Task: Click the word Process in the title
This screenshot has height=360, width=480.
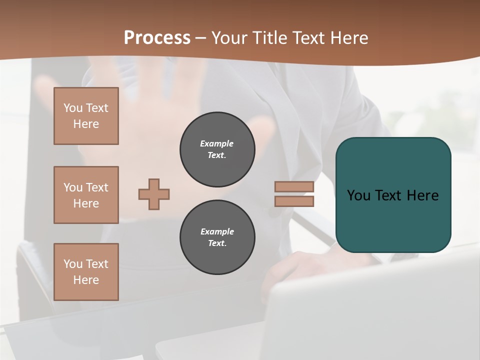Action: coord(157,37)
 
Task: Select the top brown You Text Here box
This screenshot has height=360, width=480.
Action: coord(86,116)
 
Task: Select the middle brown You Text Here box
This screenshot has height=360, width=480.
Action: coord(86,195)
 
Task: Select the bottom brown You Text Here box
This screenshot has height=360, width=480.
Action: coord(86,272)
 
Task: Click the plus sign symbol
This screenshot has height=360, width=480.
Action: coord(154,194)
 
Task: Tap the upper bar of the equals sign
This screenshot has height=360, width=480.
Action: coord(294,187)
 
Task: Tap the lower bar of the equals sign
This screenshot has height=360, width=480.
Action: coord(294,201)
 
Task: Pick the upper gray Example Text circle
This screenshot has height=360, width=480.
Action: coord(217,149)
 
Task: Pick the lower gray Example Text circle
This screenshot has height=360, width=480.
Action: coord(217,237)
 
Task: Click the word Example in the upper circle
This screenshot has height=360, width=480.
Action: coord(217,143)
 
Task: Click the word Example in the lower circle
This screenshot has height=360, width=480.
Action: coord(217,231)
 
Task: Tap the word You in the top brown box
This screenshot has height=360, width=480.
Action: coord(73,108)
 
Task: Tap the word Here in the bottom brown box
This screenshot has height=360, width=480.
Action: coord(86,280)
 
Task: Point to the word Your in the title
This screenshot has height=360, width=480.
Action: coord(228,37)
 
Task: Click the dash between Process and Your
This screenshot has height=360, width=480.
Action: coord(200,38)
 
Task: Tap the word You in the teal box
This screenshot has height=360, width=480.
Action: coord(358,195)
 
